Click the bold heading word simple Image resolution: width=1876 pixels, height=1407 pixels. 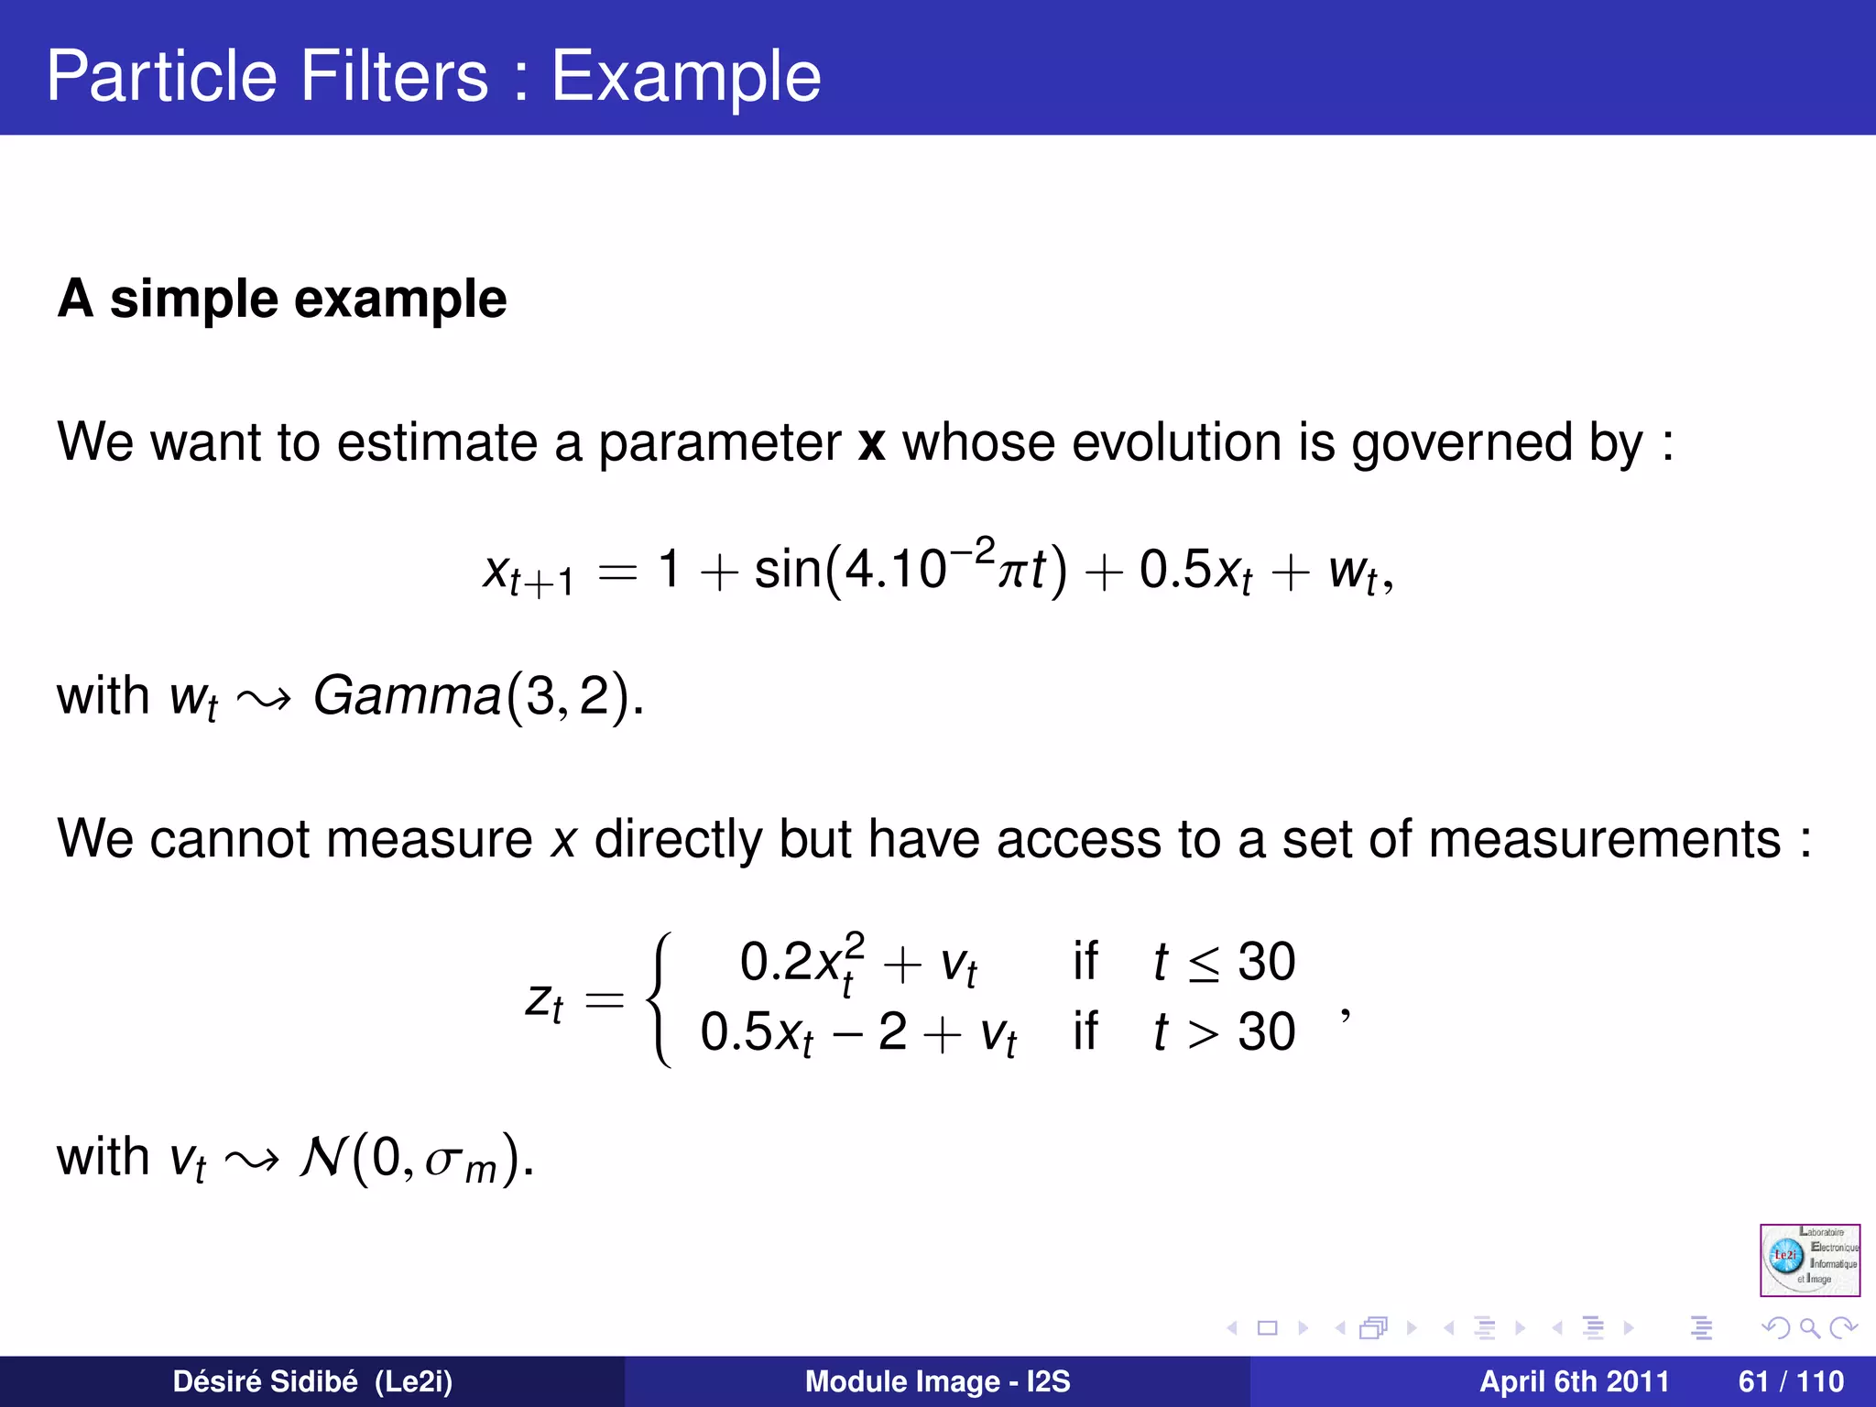pyautogui.click(x=193, y=299)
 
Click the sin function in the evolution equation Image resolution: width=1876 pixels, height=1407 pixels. pyautogui.click(x=788, y=569)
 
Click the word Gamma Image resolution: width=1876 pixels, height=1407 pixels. pyautogui.click(x=407, y=696)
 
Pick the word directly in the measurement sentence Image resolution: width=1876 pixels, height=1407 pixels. pyautogui.click(x=678, y=839)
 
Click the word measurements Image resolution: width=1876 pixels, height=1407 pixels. pyautogui.click(x=1604, y=839)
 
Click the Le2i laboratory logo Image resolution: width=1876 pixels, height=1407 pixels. pyautogui.click(x=1809, y=1260)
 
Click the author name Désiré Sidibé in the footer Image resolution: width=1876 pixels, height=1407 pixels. pyautogui.click(x=265, y=1381)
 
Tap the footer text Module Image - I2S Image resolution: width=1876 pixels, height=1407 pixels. pyautogui.click(x=937, y=1381)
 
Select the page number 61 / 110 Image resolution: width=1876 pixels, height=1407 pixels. pyautogui.click(x=1791, y=1381)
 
